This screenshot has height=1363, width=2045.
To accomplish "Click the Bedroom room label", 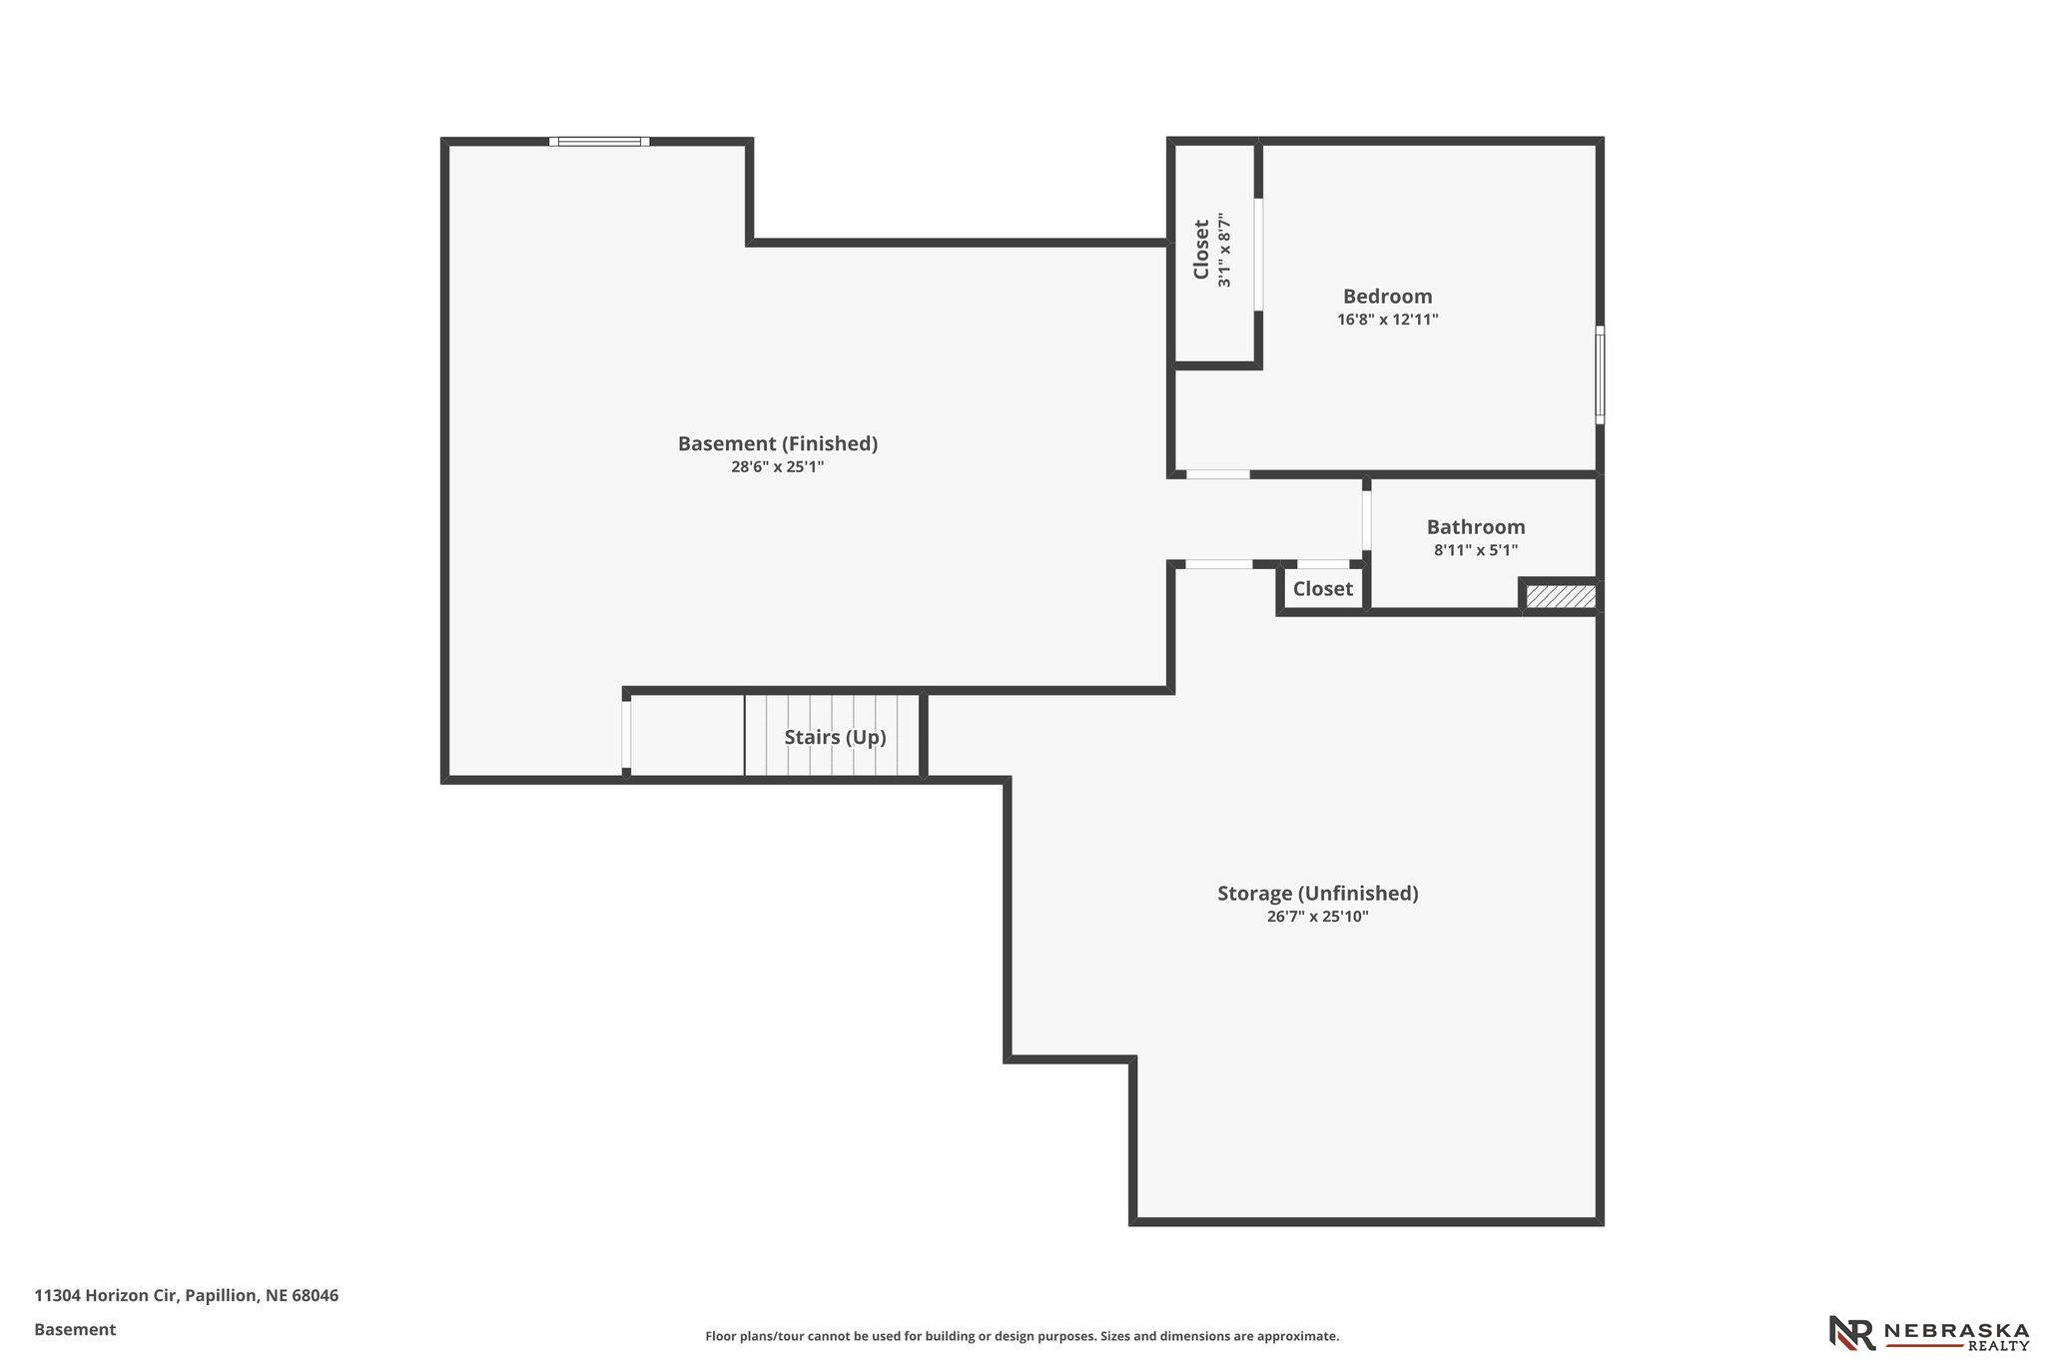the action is pos(1387,297).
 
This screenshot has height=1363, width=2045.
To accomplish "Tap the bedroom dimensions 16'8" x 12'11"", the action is pos(1388,321).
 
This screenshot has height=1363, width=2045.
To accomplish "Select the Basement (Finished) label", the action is pos(778,443).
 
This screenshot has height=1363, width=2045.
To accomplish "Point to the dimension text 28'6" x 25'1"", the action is pos(778,466).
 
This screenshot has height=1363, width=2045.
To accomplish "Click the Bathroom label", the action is pos(1476,527).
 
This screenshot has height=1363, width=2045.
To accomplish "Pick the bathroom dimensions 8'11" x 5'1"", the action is pos(1476,550).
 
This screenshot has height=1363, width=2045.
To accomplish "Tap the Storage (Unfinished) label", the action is pos(1318,894).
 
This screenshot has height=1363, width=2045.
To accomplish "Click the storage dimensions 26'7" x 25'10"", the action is pos(1318,917).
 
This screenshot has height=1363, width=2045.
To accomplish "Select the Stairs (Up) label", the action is pos(835,738).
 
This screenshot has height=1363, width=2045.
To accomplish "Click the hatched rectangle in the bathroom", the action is pos(1561,596).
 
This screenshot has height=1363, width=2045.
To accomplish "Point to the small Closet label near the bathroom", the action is pos(1323,589).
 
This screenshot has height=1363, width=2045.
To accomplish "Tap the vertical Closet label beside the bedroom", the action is pos(1201,250).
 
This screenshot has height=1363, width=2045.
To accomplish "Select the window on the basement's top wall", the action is pos(599,142).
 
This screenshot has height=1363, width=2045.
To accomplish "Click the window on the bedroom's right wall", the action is pos(1600,374).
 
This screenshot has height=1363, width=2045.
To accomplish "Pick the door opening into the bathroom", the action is pos(1367,515).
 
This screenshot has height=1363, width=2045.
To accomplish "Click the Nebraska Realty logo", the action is pos(1928,1333).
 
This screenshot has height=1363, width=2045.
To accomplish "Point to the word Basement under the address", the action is pos(75,1330).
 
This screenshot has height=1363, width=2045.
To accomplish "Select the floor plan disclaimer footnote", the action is pos(1022,1336).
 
